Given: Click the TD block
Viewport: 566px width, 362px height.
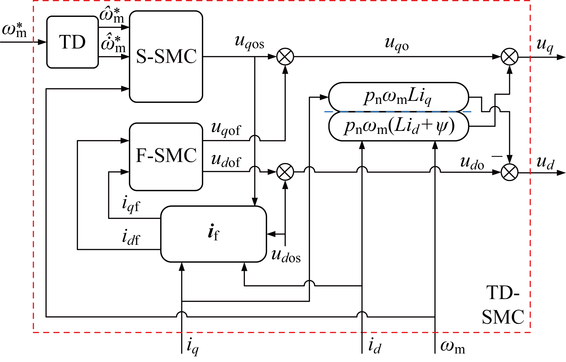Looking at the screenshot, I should click(72, 42).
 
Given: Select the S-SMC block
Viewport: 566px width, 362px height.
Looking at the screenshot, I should click(166, 56).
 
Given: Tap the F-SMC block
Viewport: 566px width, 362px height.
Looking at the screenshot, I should click(166, 157).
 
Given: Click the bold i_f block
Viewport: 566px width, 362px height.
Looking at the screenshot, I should click(213, 234).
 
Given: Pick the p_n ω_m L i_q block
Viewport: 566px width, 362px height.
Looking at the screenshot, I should click(398, 97).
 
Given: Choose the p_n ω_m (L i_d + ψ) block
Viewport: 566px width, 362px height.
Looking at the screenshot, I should click(399, 126).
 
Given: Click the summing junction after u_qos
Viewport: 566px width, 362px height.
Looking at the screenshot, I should click(285, 57).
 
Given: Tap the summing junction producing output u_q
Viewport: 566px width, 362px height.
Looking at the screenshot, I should click(509, 57).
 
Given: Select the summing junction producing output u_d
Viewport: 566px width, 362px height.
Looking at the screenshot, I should click(509, 172).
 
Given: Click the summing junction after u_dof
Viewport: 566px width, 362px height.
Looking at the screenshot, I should click(285, 172).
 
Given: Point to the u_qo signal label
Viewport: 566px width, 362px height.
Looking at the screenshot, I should click(397, 45).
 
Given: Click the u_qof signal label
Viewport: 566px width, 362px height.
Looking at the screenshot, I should click(226, 129).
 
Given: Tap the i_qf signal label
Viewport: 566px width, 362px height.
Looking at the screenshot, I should click(131, 205).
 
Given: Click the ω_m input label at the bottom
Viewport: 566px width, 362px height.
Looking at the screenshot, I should click(452, 347).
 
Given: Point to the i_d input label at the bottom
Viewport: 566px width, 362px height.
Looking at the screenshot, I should click(375, 346).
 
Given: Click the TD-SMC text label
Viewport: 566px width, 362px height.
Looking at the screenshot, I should click(503, 305).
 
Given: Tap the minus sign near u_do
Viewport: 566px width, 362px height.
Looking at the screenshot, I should click(497, 156).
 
